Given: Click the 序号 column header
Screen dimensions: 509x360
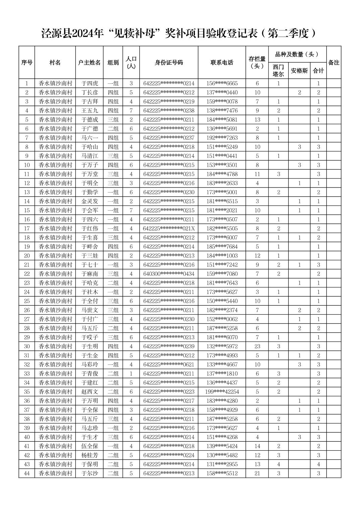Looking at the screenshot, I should click(x=27, y=63).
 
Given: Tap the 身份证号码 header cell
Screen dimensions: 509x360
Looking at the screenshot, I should click(x=169, y=63).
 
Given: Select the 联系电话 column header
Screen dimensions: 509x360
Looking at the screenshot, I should click(x=222, y=63).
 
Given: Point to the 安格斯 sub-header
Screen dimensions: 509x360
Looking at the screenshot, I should click(x=299, y=71).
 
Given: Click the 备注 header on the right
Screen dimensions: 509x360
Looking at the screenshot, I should click(x=334, y=63).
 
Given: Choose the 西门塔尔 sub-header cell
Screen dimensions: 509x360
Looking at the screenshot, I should click(x=278, y=71).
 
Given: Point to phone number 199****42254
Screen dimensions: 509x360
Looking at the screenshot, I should click(x=222, y=391).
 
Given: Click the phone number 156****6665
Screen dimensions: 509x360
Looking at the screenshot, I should click(x=222, y=83).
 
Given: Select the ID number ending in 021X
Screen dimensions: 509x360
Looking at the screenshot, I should click(x=169, y=228).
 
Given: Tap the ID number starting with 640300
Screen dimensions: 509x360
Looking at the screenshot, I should click(x=169, y=274).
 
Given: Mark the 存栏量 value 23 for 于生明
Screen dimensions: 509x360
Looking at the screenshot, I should click(x=257, y=346).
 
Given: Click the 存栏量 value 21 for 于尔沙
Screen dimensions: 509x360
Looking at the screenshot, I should click(x=257, y=473).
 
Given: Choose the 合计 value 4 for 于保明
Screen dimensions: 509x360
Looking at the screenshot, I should click(x=318, y=464).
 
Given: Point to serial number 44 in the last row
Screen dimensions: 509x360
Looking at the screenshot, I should click(x=27, y=473).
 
